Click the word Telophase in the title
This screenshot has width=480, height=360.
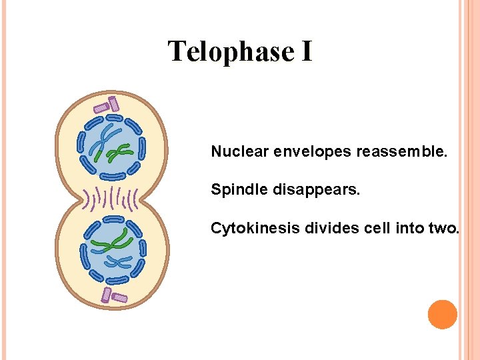[x=231, y=51]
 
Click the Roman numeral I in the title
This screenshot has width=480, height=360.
[x=306, y=51]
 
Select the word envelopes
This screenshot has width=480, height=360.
[x=311, y=151]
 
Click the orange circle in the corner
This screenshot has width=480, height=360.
[x=443, y=315]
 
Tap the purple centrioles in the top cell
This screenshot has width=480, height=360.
[x=107, y=105]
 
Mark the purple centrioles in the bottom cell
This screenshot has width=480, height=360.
[x=112, y=295]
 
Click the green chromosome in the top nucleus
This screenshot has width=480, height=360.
[x=118, y=153]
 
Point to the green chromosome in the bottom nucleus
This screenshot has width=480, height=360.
[x=110, y=242]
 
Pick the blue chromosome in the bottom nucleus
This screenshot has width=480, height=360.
[x=116, y=262]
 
